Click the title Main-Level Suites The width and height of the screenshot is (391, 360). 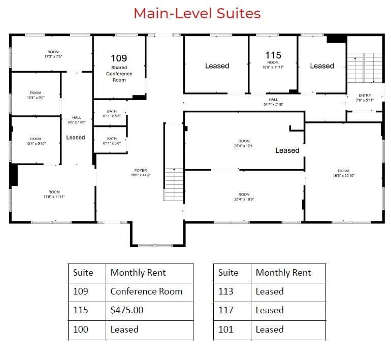pos(197,13)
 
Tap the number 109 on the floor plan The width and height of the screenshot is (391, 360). pos(119,58)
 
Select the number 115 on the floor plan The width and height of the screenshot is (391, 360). pos(273,55)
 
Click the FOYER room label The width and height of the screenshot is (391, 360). pos(141,172)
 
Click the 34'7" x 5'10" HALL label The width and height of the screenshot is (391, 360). pos(273,102)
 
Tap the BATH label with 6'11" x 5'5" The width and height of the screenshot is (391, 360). pos(112,113)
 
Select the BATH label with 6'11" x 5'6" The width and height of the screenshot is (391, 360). pos(112,141)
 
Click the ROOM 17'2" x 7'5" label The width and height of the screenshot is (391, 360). pos(53,54)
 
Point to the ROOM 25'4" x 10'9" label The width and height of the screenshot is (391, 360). pos(244,197)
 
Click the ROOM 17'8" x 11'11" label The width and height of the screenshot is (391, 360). pos(53,194)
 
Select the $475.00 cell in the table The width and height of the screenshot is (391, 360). pos(127,310)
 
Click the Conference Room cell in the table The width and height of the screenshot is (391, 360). pos(146,291)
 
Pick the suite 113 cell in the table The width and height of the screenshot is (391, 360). pos(226,291)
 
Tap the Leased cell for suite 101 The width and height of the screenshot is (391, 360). pos(270,330)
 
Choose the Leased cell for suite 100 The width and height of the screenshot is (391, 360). pos(124,330)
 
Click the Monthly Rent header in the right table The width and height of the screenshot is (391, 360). pos(283,273)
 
